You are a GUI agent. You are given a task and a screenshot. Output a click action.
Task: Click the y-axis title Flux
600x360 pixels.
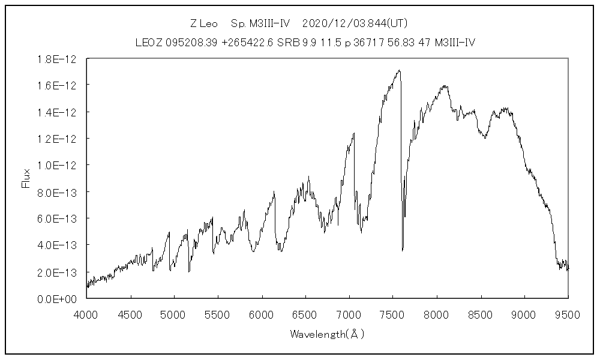point(26,178)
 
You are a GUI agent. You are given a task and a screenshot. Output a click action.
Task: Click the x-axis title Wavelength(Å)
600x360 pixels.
point(327,334)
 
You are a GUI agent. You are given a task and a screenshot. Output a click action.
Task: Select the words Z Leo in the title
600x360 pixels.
point(204,24)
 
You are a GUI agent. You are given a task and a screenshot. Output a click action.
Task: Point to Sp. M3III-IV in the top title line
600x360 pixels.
point(260,24)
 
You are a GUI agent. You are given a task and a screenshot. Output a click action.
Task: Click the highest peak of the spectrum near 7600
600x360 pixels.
point(399,70)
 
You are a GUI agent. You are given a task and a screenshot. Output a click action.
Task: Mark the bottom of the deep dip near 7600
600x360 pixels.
point(402,249)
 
